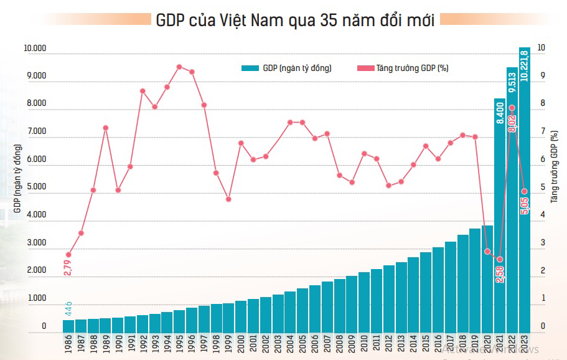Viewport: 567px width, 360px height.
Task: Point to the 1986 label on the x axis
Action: [x=68, y=344]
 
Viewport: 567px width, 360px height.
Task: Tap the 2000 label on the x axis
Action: [x=241, y=344]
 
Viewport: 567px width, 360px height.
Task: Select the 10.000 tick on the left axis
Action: [x=35, y=49]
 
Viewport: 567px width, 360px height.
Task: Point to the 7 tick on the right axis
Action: [x=541, y=132]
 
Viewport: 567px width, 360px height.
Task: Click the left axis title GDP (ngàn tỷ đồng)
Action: [x=17, y=178]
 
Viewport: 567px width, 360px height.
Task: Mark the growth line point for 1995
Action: [x=179, y=67]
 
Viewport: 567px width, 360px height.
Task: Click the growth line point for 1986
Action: [x=68, y=255]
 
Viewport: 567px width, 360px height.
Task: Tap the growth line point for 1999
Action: [x=228, y=199]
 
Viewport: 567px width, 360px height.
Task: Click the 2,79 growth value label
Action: [x=67, y=266]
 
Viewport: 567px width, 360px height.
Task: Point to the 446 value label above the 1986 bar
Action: [x=68, y=308]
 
